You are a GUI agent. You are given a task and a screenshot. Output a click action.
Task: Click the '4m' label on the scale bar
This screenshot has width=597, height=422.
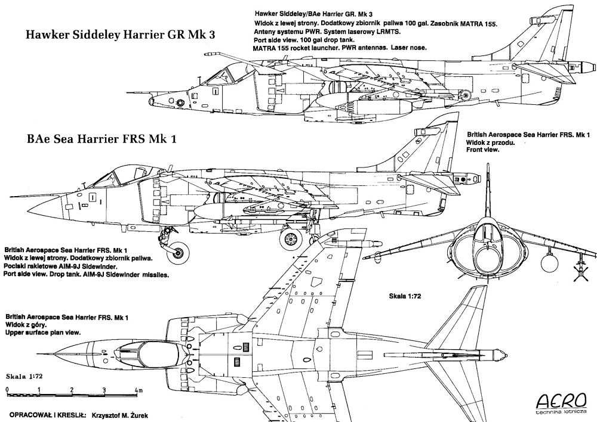(139, 390)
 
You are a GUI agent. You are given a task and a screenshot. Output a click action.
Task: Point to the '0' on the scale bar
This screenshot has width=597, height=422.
(7, 390)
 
